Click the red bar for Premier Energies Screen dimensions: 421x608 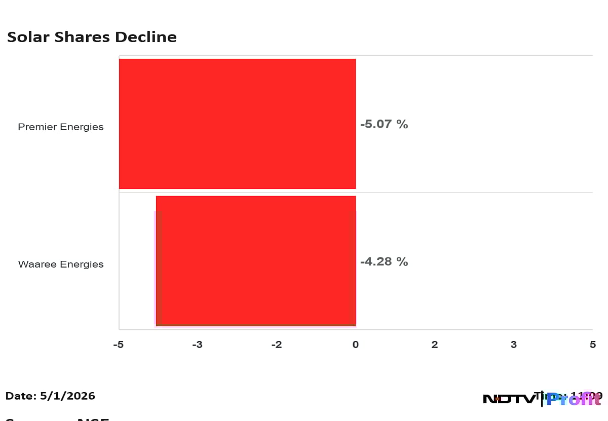click(237, 124)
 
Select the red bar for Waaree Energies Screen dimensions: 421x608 click(256, 261)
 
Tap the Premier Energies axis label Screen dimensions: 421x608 click(61, 127)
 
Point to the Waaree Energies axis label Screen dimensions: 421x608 click(61, 264)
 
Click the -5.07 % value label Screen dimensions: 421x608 click(384, 124)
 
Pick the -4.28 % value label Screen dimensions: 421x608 click(384, 262)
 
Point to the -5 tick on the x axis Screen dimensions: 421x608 click(118, 345)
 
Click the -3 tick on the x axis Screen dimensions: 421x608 click(197, 345)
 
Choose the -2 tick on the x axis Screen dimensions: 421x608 click(276, 345)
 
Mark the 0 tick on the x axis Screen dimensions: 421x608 click(356, 345)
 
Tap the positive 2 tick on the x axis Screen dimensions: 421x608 click(435, 345)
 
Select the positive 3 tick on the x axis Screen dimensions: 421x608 click(514, 345)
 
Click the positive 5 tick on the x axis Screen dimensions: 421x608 click(593, 345)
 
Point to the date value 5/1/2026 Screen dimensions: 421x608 click(68, 396)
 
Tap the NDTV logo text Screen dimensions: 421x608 click(509, 399)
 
